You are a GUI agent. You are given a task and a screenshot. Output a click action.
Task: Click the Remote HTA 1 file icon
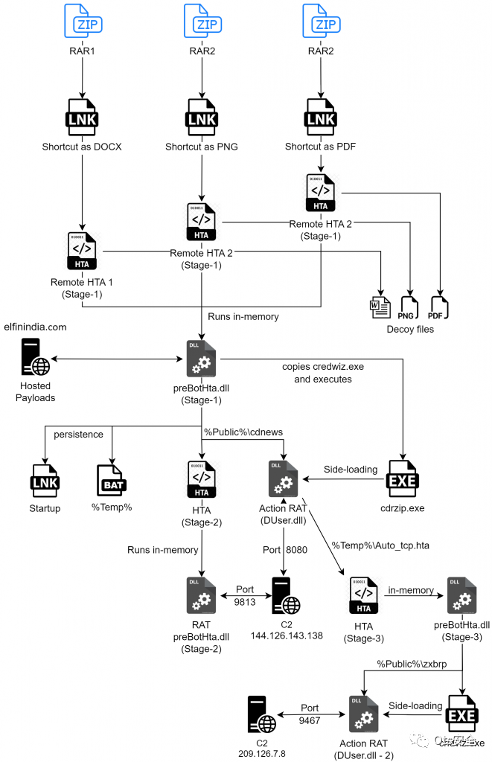[x=82, y=252]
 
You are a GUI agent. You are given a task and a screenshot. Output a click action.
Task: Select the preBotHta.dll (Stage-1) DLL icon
[x=201, y=357]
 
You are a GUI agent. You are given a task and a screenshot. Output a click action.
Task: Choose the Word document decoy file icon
[x=380, y=305]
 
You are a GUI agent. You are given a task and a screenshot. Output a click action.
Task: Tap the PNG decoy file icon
[x=409, y=305]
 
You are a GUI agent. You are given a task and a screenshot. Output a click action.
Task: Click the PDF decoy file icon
[x=439, y=305]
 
